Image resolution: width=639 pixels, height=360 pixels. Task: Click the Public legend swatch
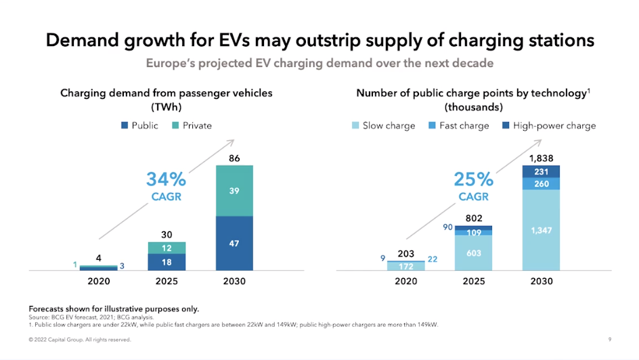tap(125, 125)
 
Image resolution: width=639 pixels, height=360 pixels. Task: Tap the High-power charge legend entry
tap(548, 125)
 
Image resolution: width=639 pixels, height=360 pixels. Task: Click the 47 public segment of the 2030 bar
tap(234, 243)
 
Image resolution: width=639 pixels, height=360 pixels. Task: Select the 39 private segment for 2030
tap(234, 191)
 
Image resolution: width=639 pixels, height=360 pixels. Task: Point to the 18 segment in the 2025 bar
tap(167, 261)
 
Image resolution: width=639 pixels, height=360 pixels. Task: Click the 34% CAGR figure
tap(166, 180)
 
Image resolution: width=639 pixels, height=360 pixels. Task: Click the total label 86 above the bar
tap(234, 158)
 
